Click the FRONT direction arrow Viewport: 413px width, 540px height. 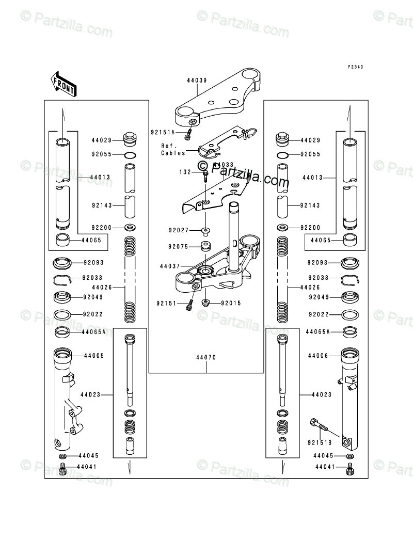coord(63,83)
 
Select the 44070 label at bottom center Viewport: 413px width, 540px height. coord(205,357)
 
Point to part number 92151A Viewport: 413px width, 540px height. coord(163,133)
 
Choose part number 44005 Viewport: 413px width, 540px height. coord(94,356)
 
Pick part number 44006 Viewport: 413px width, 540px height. coord(318,356)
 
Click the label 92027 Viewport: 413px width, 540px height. coord(178,230)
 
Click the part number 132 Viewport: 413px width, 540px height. coord(185,171)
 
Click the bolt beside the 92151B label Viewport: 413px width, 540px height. coord(321,425)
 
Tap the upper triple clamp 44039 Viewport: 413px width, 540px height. coord(217,101)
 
